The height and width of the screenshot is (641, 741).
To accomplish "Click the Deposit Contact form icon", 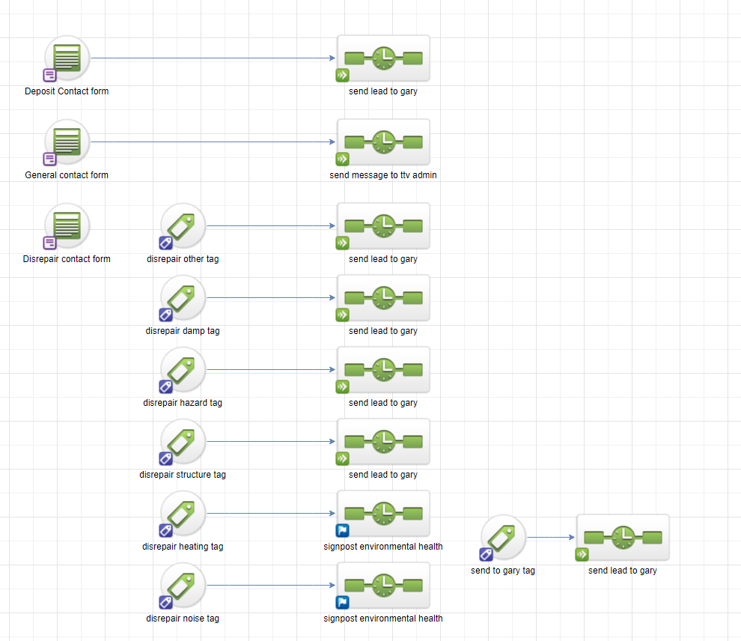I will point(67,58).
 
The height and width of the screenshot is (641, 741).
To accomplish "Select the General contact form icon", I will point(67,142).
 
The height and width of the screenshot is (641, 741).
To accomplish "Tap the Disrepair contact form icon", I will point(67,226).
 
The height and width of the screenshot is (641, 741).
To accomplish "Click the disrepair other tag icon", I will point(183,226).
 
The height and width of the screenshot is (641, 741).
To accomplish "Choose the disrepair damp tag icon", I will point(183,298).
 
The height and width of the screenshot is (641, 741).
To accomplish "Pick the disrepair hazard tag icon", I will point(183,370).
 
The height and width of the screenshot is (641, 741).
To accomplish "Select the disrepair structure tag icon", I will point(183,442).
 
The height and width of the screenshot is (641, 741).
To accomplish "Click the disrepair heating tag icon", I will point(183,514).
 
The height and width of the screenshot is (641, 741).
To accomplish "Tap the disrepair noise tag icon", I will point(183,586).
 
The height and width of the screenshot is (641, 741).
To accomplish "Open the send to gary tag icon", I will point(503,538).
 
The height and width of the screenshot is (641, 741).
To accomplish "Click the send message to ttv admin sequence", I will point(383,142).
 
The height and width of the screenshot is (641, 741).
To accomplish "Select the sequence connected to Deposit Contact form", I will point(383,58).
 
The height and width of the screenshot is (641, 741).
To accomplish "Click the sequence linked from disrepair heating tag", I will point(383,514).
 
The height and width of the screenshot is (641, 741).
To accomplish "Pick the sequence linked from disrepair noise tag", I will point(383,586).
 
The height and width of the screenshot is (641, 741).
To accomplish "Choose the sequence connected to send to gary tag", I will point(623,538).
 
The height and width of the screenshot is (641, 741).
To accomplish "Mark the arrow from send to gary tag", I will point(550,538).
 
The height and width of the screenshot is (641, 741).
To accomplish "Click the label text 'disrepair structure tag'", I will point(183,475).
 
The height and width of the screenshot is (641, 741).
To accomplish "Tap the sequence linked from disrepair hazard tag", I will point(383,370).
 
